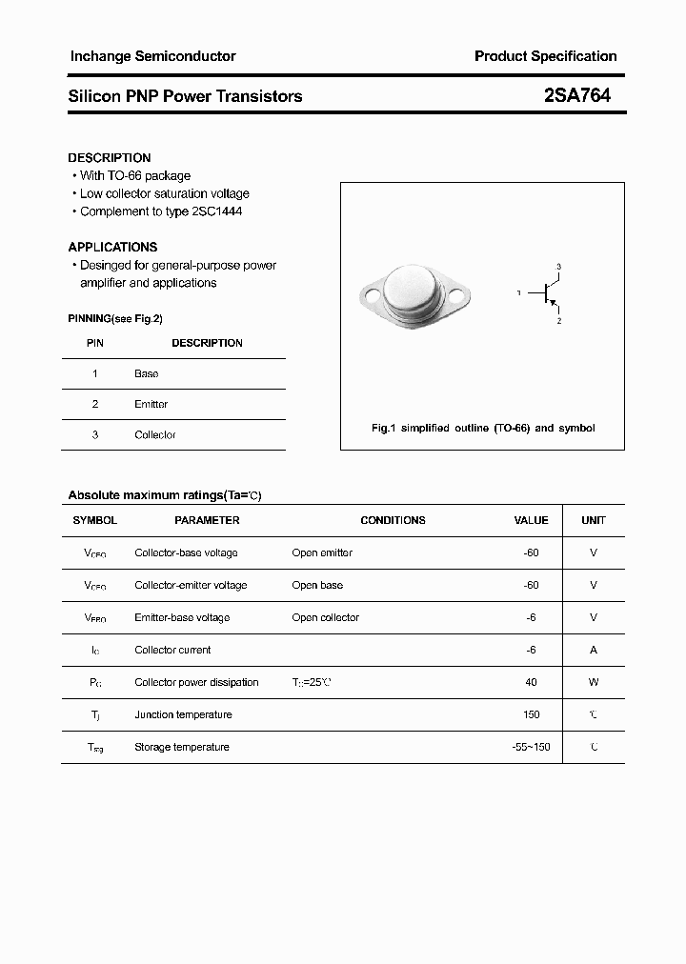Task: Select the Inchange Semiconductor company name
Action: (x=152, y=56)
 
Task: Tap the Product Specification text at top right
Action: (x=545, y=56)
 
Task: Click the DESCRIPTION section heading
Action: (x=110, y=158)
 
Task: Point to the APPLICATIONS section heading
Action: (x=112, y=247)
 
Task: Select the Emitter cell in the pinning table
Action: (x=151, y=405)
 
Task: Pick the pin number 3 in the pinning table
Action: (x=94, y=435)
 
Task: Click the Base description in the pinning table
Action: (x=146, y=374)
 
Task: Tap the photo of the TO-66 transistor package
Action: (x=415, y=294)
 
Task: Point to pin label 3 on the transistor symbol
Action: (x=559, y=267)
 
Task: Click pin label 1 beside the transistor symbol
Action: (x=519, y=293)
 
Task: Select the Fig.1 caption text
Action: (x=482, y=429)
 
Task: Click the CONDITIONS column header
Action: (x=393, y=521)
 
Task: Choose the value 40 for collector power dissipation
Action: (x=531, y=683)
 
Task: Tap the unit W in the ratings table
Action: (x=594, y=683)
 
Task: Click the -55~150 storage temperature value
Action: (x=531, y=748)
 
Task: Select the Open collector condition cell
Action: (x=325, y=618)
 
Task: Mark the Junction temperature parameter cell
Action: (x=183, y=715)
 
